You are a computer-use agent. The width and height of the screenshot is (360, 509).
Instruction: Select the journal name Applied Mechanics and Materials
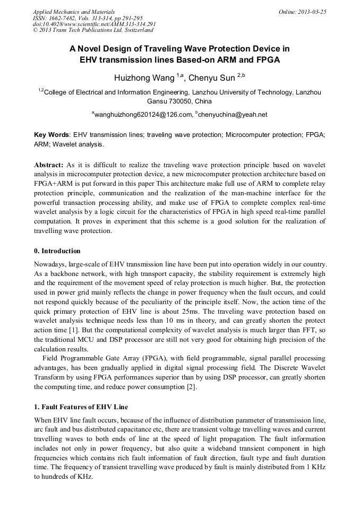(x=74, y=11)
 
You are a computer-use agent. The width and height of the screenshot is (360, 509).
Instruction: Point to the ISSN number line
(x=88, y=18)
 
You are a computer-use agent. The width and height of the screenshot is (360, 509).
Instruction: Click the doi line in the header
(x=95, y=24)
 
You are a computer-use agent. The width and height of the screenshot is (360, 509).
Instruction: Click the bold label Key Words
(x=52, y=135)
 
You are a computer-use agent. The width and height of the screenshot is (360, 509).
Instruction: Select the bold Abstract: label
(x=49, y=165)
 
